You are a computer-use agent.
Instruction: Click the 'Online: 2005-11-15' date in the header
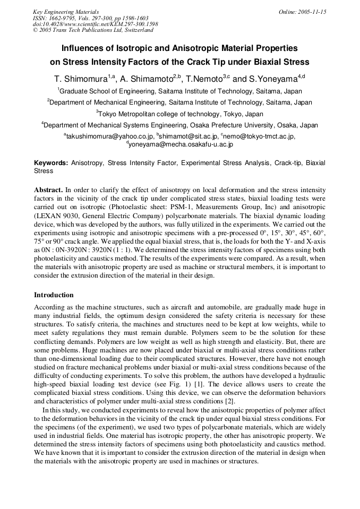(302, 12)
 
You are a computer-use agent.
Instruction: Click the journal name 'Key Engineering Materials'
(66, 12)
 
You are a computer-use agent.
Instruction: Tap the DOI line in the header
(95, 24)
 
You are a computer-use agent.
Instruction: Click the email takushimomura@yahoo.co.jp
(106, 136)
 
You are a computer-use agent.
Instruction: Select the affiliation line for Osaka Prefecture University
(179, 125)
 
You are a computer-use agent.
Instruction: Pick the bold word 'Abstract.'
(48, 189)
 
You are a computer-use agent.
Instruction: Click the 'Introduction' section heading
(54, 295)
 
